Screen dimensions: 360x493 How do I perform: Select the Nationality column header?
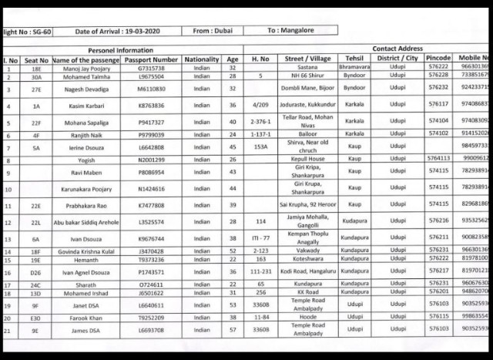point(202,59)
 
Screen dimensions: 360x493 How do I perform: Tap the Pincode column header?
point(438,59)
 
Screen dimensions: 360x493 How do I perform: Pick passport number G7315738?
point(154,69)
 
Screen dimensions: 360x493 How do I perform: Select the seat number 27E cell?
point(35,89)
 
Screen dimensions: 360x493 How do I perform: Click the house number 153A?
point(261,146)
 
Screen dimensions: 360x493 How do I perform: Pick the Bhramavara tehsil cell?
point(354,69)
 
